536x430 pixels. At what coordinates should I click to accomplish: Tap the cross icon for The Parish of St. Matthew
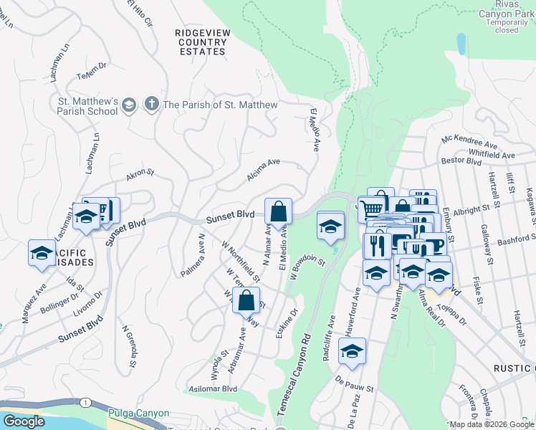tap(151, 105)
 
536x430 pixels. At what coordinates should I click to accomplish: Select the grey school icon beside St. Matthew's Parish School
tap(129, 105)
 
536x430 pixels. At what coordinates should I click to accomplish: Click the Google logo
tap(24, 421)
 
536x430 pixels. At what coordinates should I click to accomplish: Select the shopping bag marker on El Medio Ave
tap(278, 212)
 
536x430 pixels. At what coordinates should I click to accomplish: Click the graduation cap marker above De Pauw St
tap(351, 351)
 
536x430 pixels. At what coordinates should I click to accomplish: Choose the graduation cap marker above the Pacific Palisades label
tap(42, 253)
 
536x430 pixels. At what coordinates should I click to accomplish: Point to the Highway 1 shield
tap(86, 403)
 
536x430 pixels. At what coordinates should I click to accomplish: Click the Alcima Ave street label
tap(263, 169)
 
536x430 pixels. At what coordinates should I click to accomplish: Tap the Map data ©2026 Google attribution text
tap(492, 424)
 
